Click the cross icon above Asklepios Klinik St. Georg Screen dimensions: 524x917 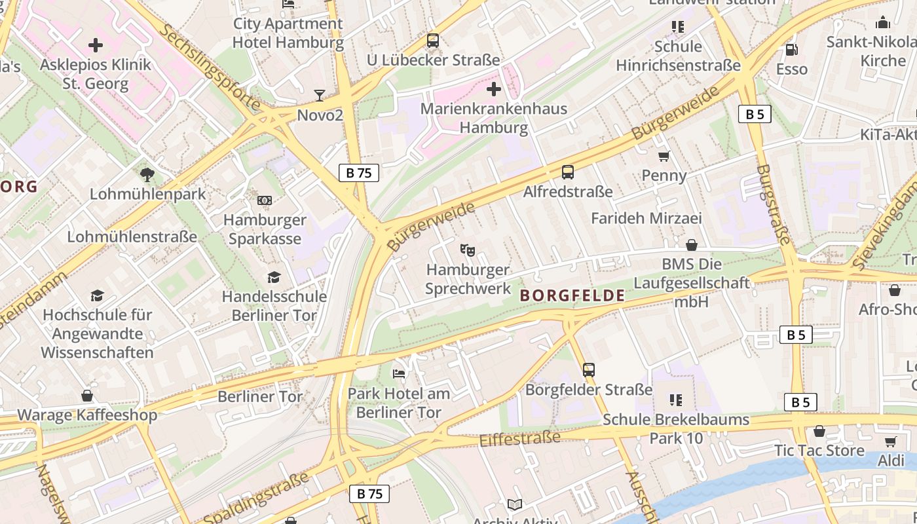[96, 45]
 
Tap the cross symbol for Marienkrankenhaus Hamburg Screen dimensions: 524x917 [494, 89]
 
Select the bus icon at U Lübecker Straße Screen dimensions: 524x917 [433, 41]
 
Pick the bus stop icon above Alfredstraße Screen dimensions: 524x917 [568, 172]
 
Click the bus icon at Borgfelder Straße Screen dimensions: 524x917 [589, 370]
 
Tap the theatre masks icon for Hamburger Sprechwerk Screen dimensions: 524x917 [468, 250]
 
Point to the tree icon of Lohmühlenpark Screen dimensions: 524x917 [147, 174]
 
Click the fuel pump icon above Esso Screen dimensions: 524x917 [791, 50]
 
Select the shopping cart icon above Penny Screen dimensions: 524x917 [664, 156]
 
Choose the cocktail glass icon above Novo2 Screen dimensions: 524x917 [319, 96]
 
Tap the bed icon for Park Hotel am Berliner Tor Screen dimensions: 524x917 [399, 374]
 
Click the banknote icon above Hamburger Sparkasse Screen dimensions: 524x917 [265, 200]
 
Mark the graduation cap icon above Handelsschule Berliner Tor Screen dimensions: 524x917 [274, 278]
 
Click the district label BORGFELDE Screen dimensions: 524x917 [572, 295]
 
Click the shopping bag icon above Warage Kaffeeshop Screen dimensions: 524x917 [87, 396]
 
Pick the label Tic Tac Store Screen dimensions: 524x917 [819, 451]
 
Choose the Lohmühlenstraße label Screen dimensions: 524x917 [132, 236]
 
